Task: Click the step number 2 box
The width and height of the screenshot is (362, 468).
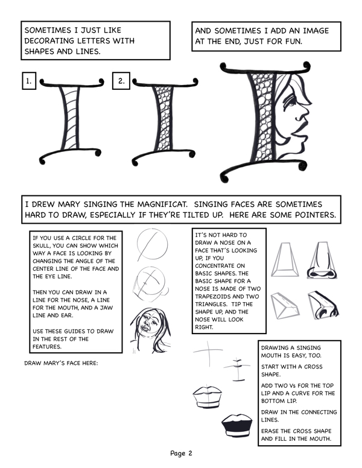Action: click(121, 81)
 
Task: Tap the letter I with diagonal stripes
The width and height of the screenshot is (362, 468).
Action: click(72, 121)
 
